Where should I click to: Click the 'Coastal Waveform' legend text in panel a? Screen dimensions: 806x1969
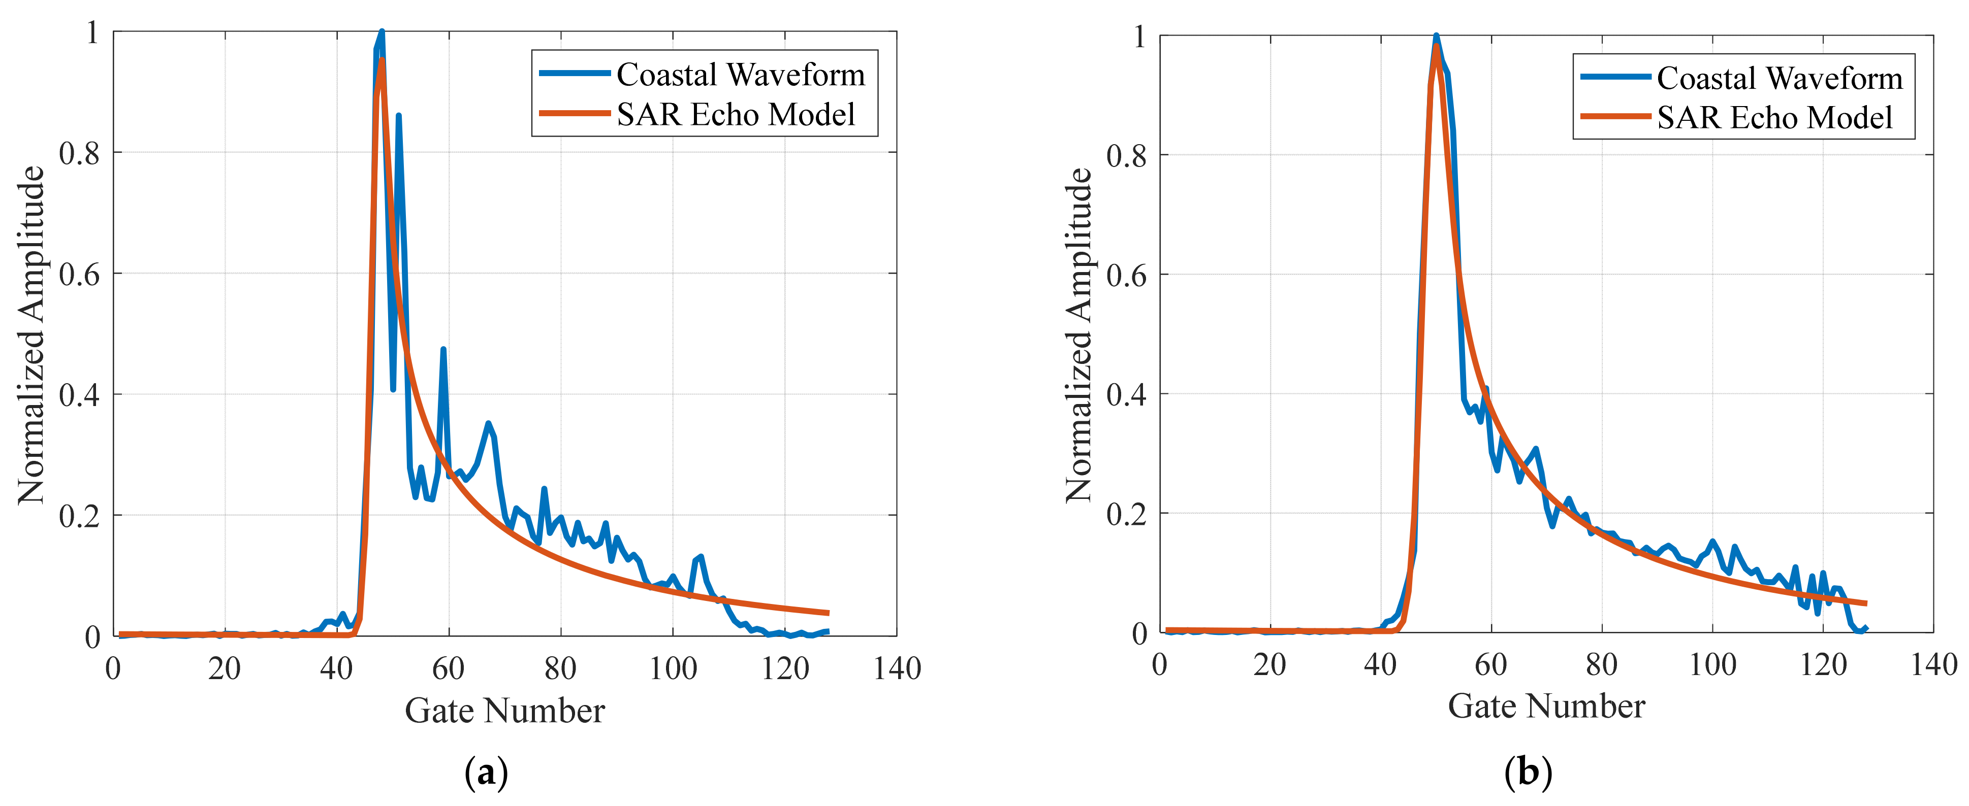pos(740,75)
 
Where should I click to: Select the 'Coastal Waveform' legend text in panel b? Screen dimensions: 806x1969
pos(1780,78)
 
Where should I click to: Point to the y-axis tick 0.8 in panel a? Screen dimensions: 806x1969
pos(79,154)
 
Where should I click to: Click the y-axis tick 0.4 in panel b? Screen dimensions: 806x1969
pos(1126,395)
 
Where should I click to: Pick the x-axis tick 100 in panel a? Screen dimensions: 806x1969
pos(673,669)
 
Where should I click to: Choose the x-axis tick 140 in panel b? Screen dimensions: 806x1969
pos(1933,665)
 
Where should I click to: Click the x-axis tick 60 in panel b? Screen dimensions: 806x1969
pos(1490,665)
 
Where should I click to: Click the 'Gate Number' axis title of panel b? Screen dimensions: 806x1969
pos(1546,706)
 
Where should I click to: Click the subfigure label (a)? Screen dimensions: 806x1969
pos(486,773)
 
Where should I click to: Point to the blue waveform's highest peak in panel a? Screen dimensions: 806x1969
pos(382,32)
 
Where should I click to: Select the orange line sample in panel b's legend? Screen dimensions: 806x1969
pos(1615,117)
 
